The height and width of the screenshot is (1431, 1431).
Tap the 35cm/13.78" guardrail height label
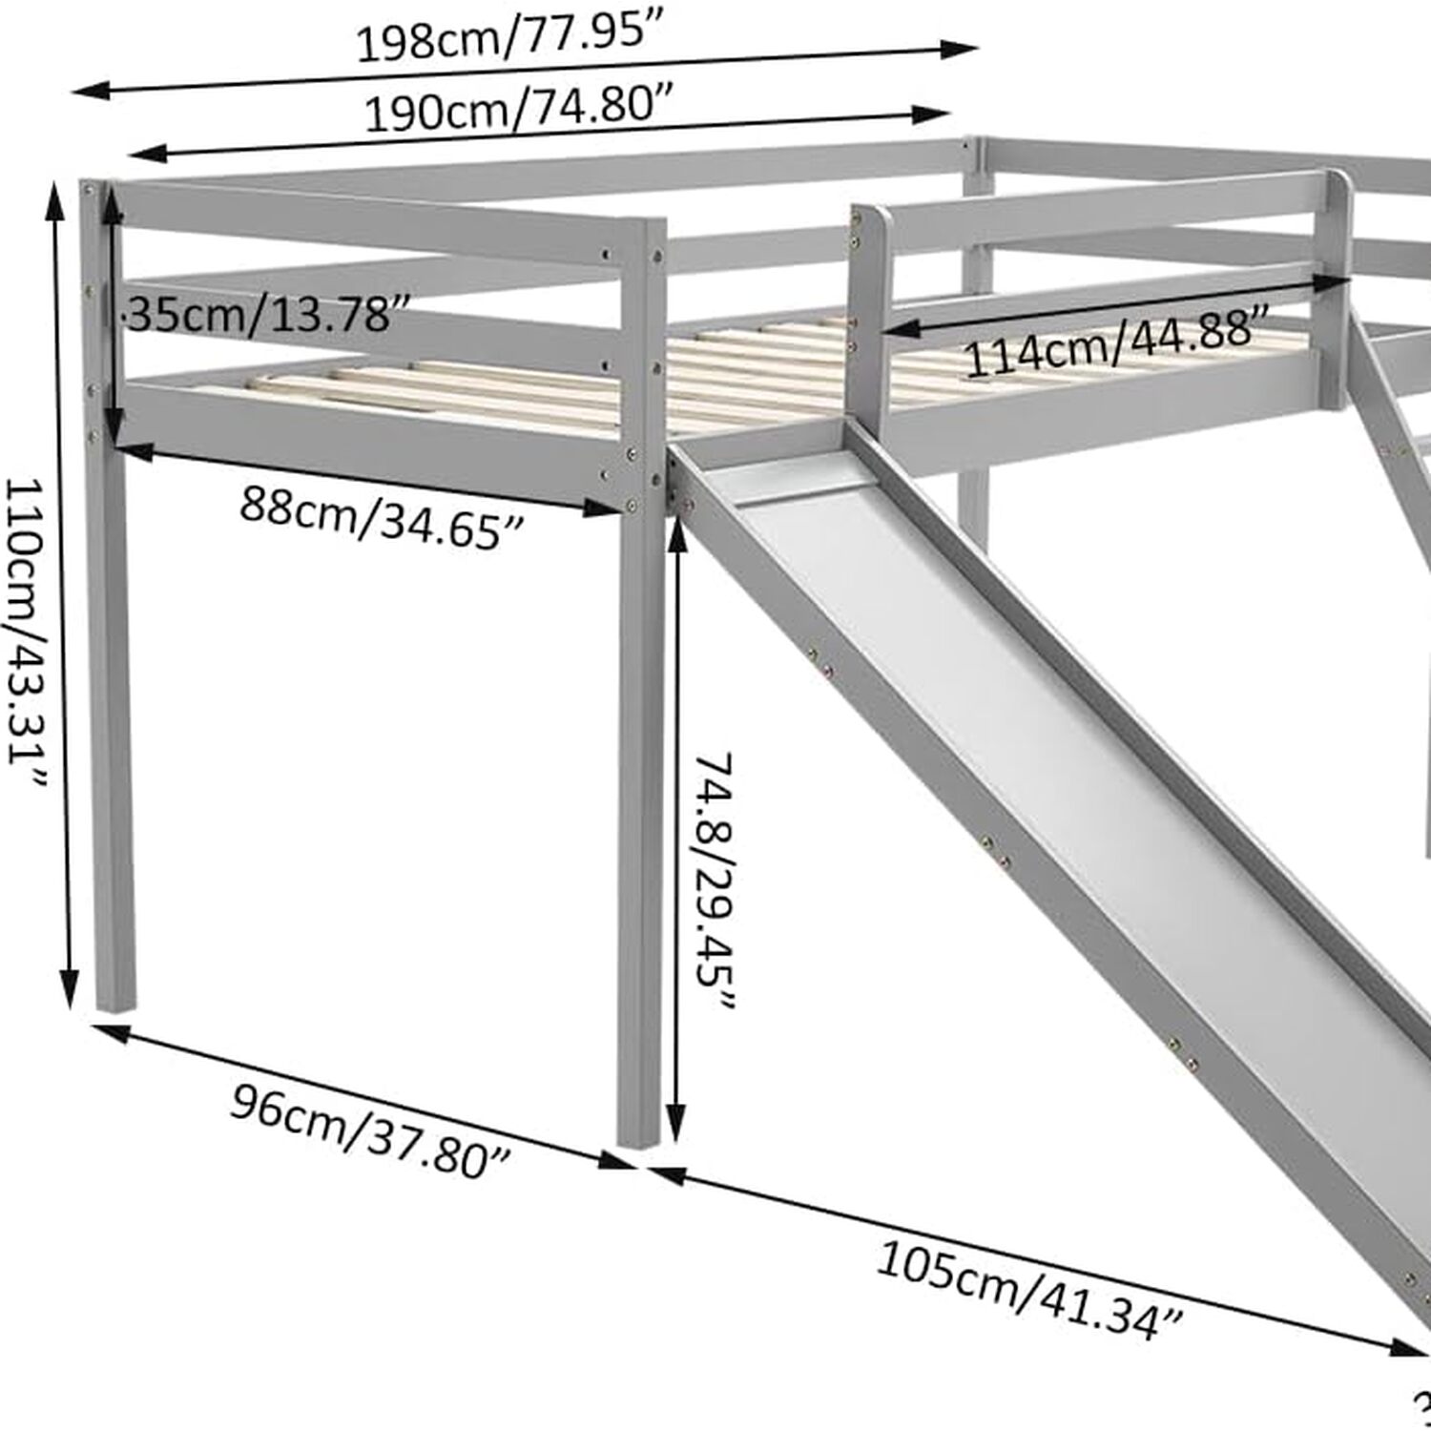pos(259,314)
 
